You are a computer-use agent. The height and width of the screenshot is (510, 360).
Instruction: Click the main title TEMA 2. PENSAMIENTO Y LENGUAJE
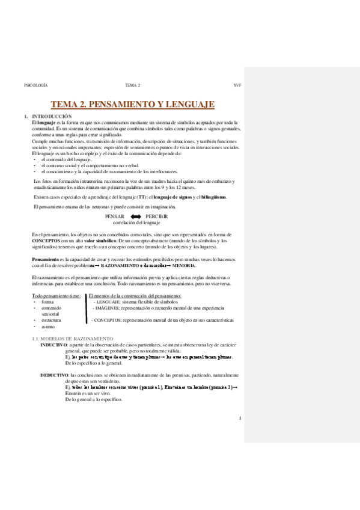(132, 104)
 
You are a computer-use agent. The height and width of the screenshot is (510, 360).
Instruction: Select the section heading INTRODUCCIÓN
(52, 115)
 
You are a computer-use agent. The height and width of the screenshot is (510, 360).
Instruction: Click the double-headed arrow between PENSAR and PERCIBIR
(135, 216)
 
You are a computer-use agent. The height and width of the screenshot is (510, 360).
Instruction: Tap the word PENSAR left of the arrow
(114, 216)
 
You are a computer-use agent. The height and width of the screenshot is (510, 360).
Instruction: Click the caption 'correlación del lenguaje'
(135, 223)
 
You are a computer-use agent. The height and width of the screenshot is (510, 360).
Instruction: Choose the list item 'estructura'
(50, 321)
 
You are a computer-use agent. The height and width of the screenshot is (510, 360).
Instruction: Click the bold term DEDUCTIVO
(55, 375)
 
